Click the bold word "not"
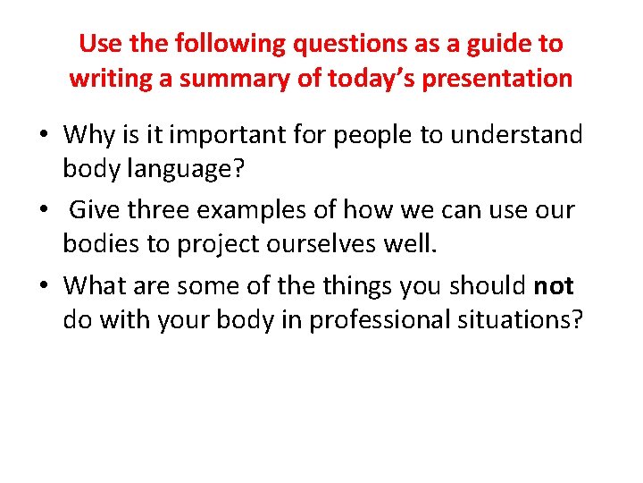554,286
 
